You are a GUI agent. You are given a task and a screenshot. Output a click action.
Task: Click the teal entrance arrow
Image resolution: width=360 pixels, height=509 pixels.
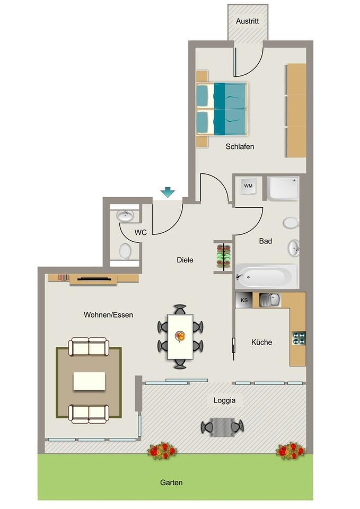point(168,192)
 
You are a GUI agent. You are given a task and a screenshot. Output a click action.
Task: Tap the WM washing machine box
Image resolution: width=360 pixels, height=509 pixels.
point(248,186)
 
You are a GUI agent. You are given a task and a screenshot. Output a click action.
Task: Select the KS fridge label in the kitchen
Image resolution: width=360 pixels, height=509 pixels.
point(244,300)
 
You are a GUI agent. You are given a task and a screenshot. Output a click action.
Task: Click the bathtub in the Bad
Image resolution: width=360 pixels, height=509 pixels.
point(266,276)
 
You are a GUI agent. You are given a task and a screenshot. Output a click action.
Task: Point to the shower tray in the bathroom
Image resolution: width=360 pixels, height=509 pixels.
point(283,188)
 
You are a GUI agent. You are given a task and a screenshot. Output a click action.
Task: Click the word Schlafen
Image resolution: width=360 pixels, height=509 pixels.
point(240,146)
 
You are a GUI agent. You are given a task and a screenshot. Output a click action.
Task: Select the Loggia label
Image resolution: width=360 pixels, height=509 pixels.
point(224,400)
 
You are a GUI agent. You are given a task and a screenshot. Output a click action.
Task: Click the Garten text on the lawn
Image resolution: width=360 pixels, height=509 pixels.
point(171,482)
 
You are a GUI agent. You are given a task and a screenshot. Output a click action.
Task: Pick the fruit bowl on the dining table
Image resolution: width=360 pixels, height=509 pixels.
point(181,336)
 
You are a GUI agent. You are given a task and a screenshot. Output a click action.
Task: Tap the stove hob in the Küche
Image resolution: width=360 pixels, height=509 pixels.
point(298,338)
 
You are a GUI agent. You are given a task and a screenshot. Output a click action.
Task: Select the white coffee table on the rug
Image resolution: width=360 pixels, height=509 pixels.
point(89,381)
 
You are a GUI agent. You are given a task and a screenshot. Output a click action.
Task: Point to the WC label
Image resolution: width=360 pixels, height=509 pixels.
point(141,232)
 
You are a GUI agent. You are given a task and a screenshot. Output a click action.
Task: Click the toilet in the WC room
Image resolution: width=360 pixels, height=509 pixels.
point(125,251)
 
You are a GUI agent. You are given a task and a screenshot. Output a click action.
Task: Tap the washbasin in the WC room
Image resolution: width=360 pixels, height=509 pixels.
point(126,215)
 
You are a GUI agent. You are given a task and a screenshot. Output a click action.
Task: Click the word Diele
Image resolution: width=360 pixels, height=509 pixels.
point(185,260)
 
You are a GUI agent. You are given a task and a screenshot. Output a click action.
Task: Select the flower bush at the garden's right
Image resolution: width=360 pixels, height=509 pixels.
point(290,451)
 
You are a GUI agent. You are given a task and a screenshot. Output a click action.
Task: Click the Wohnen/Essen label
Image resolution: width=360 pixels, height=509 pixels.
point(108,314)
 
